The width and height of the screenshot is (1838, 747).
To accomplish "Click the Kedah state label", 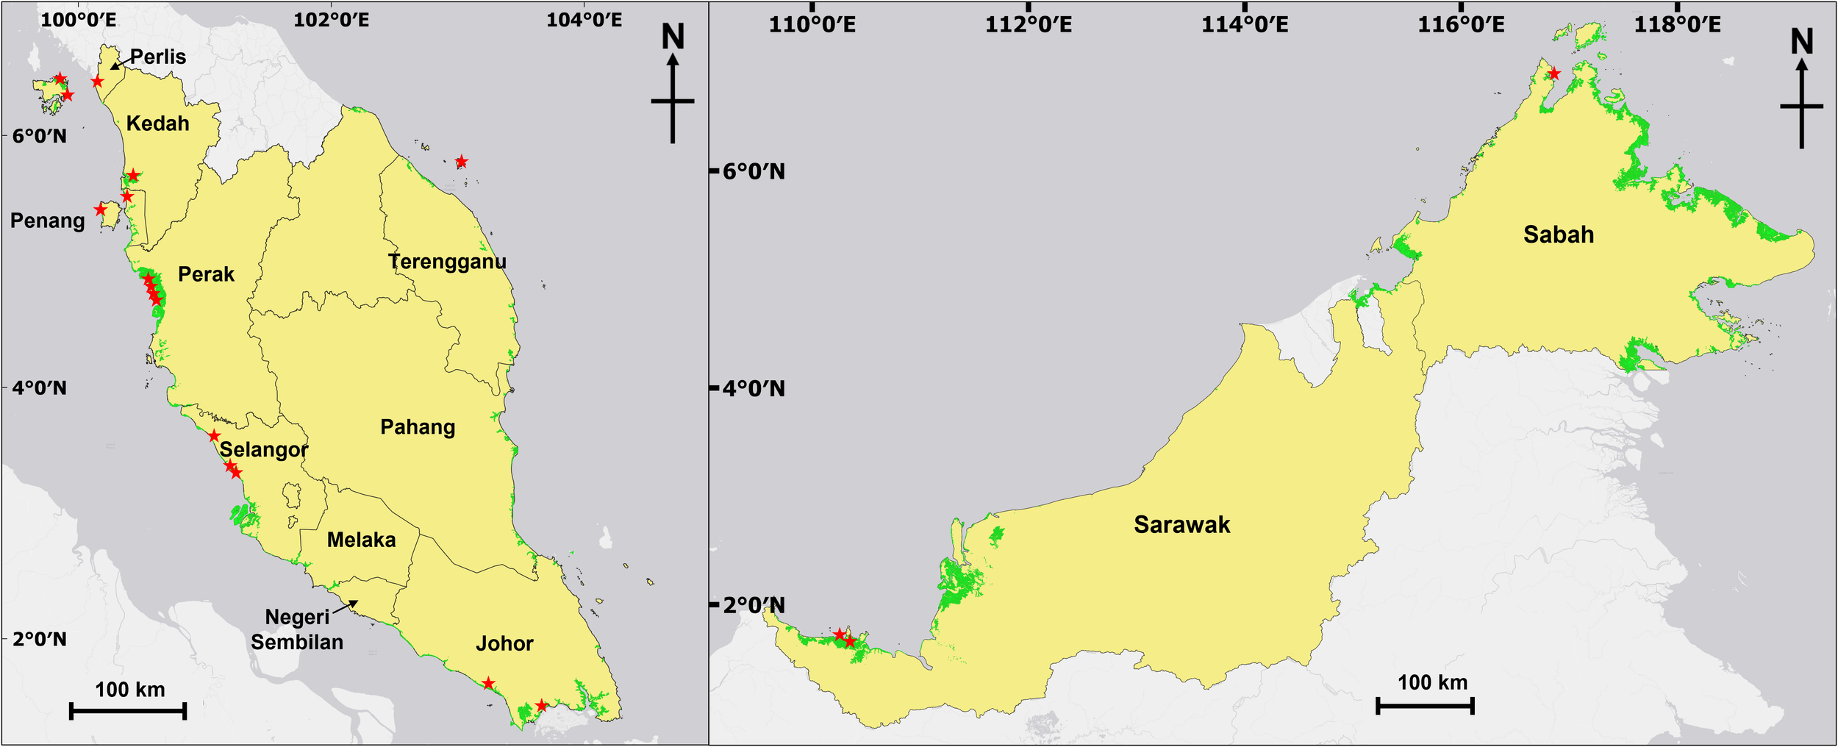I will tap(157, 124).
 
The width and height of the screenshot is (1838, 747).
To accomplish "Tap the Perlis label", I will tap(158, 57).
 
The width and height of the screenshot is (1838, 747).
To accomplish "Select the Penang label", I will tap(48, 221).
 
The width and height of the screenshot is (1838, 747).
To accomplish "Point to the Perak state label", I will tap(206, 274).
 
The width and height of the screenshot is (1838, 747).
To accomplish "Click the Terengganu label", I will tap(447, 262).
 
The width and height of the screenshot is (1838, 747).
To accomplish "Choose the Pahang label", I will tap(418, 427).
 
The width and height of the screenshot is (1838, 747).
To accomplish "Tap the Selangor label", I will tap(264, 449).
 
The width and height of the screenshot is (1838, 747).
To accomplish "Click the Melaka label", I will tap(361, 540).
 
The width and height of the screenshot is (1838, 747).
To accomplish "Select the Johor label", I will tap(504, 643).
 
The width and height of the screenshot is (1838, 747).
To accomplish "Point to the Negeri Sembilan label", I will tap(297, 629).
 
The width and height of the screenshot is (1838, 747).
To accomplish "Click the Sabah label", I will tap(1558, 235).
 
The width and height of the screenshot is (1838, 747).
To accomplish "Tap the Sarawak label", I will tap(1181, 524).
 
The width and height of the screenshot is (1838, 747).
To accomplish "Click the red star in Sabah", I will tap(1553, 74).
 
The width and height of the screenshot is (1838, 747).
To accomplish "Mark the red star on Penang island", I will tap(101, 210).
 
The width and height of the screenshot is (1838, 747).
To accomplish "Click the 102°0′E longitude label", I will tap(331, 19).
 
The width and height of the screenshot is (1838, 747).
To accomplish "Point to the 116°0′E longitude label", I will tap(1461, 24).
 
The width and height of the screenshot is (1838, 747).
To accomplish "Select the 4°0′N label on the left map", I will tap(40, 387).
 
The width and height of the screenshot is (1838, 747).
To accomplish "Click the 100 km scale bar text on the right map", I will tap(1432, 682).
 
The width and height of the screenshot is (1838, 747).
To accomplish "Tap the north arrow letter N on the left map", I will tap(673, 37).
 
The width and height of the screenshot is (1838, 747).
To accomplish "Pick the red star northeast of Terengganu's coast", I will tap(461, 162).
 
